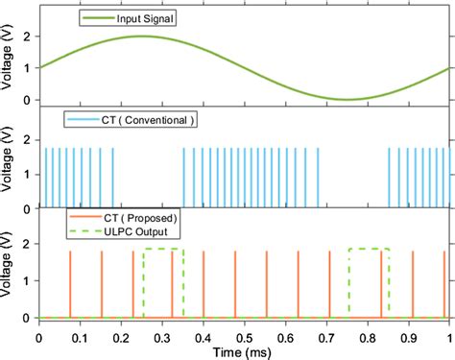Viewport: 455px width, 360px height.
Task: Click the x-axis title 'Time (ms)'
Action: (244, 350)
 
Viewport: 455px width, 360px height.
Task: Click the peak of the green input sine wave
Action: (141, 36)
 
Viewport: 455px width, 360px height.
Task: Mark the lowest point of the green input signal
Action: (347, 100)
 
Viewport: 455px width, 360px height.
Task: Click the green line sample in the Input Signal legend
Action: (100, 17)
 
